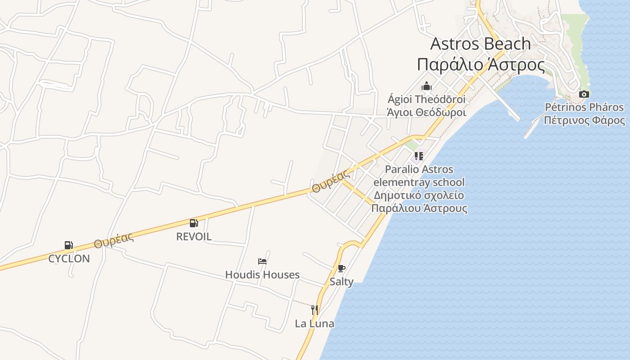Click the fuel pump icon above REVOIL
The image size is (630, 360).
click(194, 223)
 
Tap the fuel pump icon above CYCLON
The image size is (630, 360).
click(69, 245)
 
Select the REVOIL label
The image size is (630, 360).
click(194, 237)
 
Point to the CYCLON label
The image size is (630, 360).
click(69, 259)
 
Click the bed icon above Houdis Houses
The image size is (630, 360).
click(262, 261)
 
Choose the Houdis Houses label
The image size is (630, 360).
click(262, 274)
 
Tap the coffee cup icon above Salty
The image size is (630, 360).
click(342, 269)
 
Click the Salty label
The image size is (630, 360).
click(342, 282)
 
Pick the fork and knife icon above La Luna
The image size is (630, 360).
click(315, 310)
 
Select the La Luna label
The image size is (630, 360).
click(315, 323)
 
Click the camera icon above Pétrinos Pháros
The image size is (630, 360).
click(584, 94)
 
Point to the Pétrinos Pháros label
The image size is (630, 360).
click(584, 107)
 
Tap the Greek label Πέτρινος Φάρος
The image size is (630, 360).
click(584, 121)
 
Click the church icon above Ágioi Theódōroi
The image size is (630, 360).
click(427, 86)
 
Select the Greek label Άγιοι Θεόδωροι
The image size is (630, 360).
click(427, 112)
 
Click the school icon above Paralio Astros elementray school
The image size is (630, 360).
click(419, 156)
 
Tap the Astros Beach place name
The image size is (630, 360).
click(481, 44)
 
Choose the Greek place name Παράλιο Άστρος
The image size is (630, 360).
click(481, 64)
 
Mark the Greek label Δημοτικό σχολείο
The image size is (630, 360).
click(419, 195)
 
